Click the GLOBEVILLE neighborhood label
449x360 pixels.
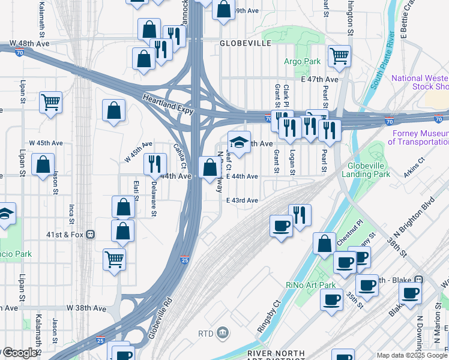(x=246, y=43)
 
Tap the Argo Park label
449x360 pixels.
(x=303, y=61)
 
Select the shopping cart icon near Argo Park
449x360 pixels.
(x=339, y=56)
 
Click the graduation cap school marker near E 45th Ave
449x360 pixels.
(x=239, y=142)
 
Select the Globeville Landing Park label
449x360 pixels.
(x=366, y=169)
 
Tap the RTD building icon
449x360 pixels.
(x=221, y=332)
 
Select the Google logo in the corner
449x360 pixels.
(x=19, y=353)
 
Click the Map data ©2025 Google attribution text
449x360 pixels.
(x=412, y=356)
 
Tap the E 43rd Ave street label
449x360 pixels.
(x=242, y=200)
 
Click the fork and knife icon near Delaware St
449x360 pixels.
(x=155, y=164)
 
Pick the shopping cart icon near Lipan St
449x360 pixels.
(x=50, y=102)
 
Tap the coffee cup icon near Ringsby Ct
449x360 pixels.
(x=280, y=226)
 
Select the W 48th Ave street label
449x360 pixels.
(x=29, y=44)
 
